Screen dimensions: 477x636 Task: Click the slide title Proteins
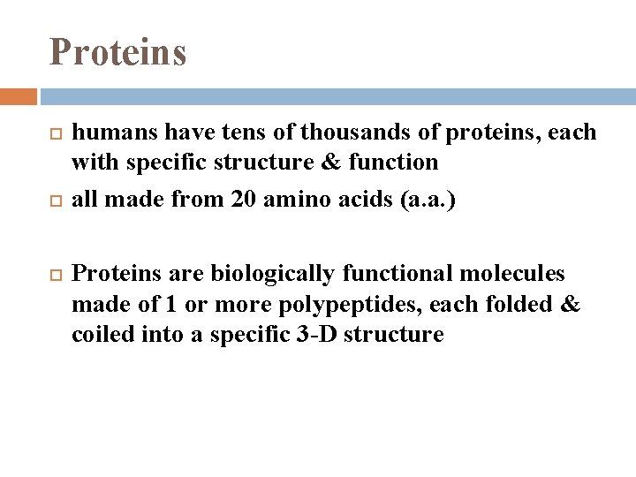(117, 52)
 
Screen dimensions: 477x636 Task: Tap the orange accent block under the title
(19, 96)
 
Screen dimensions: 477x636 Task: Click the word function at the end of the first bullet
(394, 163)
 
